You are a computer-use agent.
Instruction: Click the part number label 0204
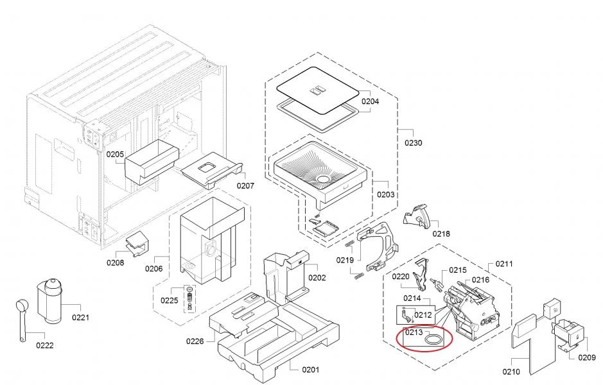point(370,101)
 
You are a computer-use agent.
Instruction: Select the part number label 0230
point(414,142)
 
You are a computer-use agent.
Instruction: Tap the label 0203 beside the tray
point(386,194)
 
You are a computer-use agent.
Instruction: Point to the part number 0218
point(441,234)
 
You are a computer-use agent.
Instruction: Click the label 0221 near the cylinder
point(80,317)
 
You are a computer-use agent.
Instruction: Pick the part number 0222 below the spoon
point(44,345)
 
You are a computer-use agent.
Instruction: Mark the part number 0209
point(586,357)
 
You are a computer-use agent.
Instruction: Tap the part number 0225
point(170,300)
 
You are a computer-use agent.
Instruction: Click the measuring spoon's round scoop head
point(22,305)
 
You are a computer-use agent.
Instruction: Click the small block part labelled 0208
point(136,243)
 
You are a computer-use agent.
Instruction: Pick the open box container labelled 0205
point(152,161)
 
